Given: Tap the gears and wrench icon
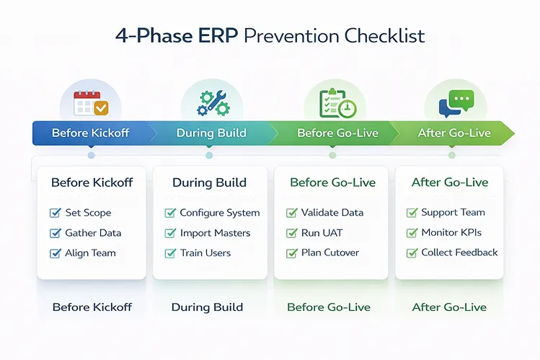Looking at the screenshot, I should [x=210, y=102].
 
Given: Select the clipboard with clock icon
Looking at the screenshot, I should [x=333, y=102].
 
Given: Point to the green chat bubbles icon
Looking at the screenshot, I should [x=451, y=102].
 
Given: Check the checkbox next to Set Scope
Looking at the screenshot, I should [x=56, y=213].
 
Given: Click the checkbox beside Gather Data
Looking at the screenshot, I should [x=56, y=233].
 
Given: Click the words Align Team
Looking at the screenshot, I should [x=90, y=253].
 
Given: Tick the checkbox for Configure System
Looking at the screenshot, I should [x=170, y=213].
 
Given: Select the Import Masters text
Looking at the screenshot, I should [x=215, y=233].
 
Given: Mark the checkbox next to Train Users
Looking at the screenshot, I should [x=170, y=253].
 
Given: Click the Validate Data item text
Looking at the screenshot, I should [x=332, y=213].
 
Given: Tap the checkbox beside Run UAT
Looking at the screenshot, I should [x=292, y=233].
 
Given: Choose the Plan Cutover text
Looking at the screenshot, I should [x=330, y=253].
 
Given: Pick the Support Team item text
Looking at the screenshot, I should [x=453, y=213].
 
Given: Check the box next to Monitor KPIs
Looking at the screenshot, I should [x=412, y=233].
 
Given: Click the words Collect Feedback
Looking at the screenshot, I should [x=459, y=253].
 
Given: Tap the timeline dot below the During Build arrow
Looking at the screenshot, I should [x=209, y=155].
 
